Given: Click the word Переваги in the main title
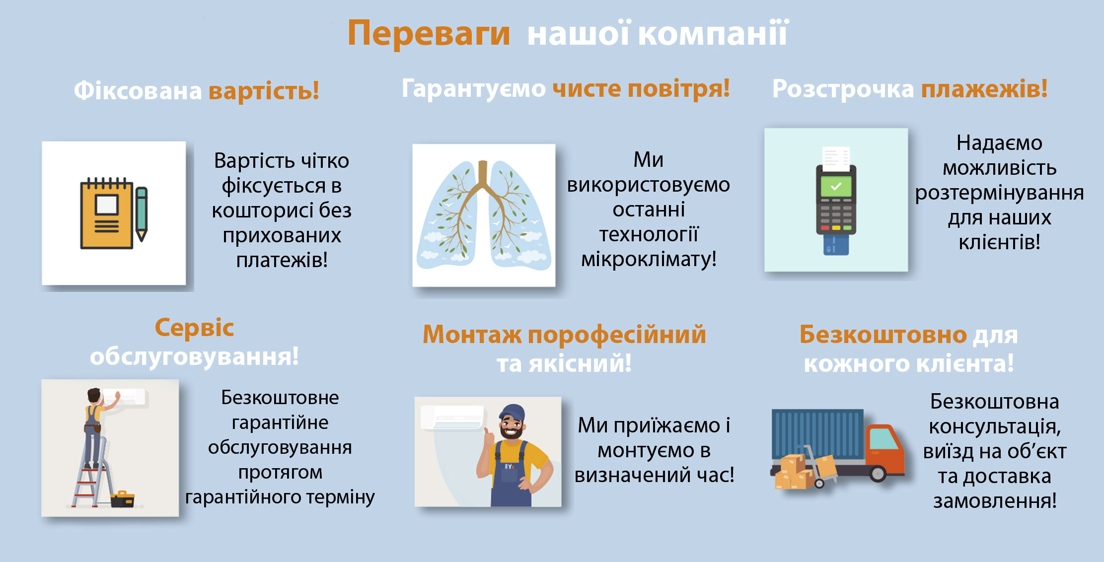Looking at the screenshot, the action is click(429, 34).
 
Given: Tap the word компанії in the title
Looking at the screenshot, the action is click(713, 33).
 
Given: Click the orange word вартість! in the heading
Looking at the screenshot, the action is click(264, 91).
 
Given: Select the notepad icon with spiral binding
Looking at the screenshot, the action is click(107, 213).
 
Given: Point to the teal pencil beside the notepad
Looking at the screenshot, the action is click(142, 214).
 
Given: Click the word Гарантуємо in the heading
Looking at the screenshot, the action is click(474, 89).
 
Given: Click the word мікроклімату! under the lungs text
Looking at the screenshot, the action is click(649, 259).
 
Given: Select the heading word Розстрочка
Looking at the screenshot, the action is click(843, 89).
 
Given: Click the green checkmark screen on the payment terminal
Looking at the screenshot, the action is click(836, 187).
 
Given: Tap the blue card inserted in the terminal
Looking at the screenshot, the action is click(836, 244).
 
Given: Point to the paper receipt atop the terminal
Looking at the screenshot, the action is click(836, 157).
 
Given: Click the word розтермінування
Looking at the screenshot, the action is click(999, 193).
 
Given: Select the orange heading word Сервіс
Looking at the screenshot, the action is click(194, 328).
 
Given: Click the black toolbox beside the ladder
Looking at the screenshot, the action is click(123, 499).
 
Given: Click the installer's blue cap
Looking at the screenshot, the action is click(513, 413).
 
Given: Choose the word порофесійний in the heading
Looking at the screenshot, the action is click(617, 335).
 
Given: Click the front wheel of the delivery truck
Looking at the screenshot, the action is click(878, 474).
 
